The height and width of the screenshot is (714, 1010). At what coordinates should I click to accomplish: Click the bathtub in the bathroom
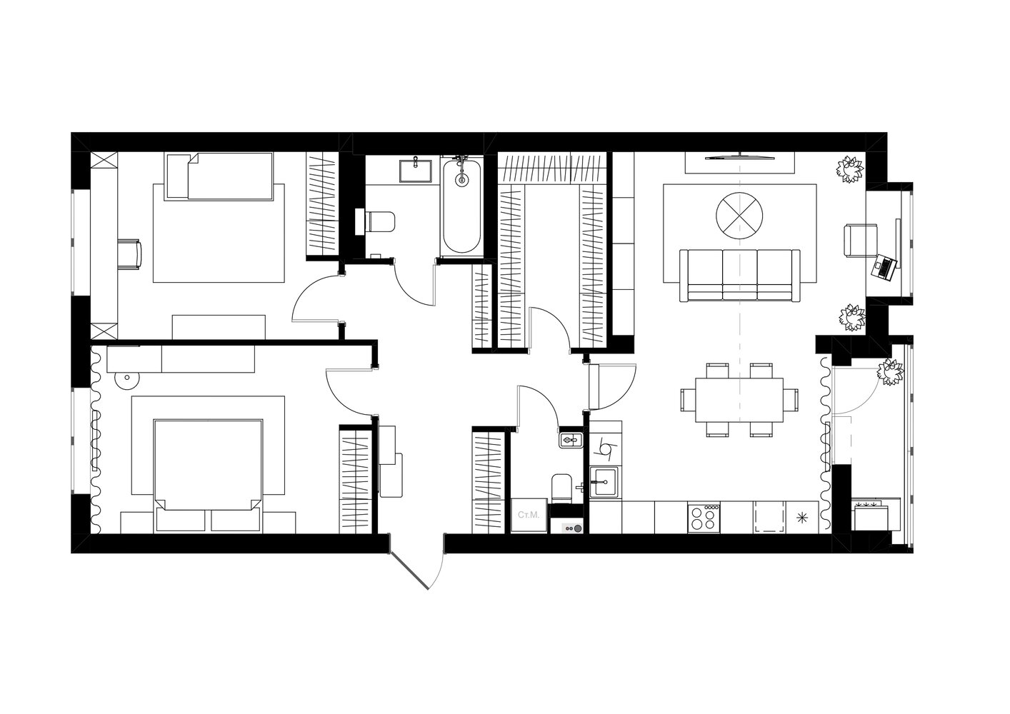coord(461,205)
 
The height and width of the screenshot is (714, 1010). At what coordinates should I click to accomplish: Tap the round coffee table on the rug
coord(739,216)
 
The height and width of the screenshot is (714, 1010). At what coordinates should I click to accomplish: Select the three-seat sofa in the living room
coord(739,275)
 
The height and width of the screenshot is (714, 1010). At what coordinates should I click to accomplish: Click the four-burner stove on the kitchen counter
coord(704,518)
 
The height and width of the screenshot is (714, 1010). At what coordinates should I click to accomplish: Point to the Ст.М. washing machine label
coord(529,515)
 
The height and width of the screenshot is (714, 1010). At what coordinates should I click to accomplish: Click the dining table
coord(739,400)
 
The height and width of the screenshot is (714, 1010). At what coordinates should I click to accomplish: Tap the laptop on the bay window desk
coord(885,268)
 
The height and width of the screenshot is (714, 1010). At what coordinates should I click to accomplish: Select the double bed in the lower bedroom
coord(208,476)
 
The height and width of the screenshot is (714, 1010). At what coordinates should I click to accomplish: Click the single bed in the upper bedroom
coord(219,176)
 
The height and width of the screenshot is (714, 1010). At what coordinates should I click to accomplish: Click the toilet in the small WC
coord(561,488)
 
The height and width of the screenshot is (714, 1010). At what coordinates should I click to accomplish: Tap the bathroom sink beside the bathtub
coord(415,170)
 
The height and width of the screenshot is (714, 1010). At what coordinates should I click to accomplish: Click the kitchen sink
coord(604,482)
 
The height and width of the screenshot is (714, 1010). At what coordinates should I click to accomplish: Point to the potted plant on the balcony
coord(891,372)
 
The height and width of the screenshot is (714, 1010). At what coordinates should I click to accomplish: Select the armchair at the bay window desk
coord(861,241)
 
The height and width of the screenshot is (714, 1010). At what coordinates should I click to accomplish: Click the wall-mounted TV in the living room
coord(739,157)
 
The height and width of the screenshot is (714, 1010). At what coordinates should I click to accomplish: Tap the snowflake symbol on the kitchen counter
coord(801,518)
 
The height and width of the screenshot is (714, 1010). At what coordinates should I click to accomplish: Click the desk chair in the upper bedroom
coord(130,255)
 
